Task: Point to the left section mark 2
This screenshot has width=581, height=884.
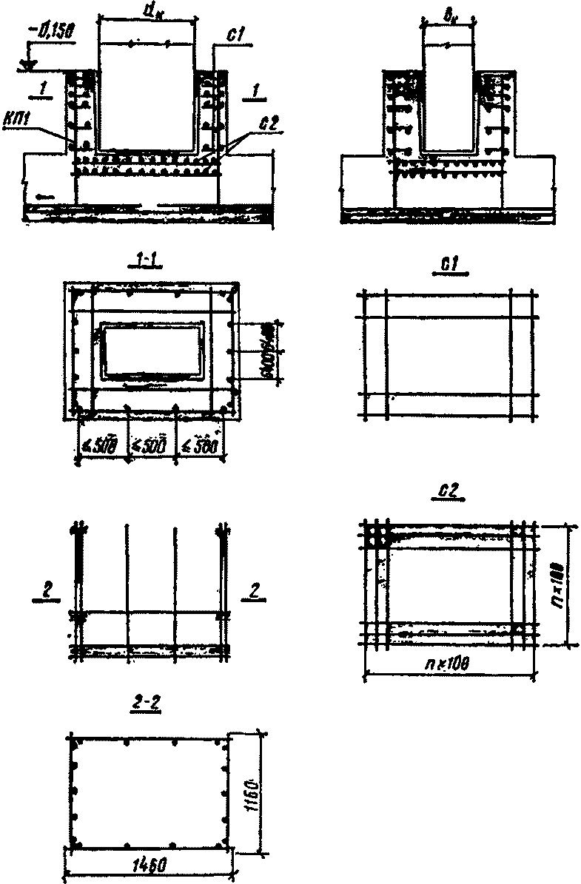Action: point(44,592)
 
